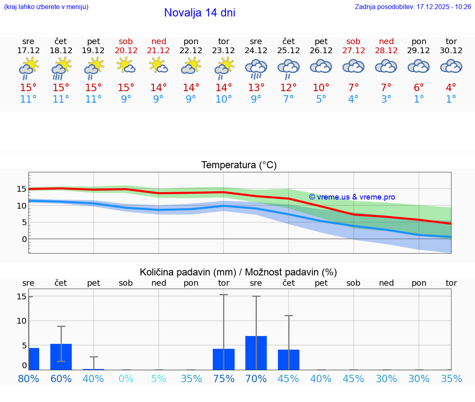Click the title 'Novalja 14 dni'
click(x=200, y=13)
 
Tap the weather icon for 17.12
click(x=28, y=68)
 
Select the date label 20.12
click(x=126, y=51)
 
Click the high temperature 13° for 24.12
click(x=256, y=88)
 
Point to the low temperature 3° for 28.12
click(x=386, y=99)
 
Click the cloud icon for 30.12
click(x=451, y=66)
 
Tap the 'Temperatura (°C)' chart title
click(x=239, y=165)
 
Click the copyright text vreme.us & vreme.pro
click(x=352, y=197)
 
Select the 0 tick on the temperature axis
click(x=24, y=239)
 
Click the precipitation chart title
click(x=238, y=272)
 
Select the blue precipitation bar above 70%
click(x=256, y=353)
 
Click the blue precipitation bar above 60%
click(x=61, y=357)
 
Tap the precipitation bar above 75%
click(x=223, y=359)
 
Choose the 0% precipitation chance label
click(x=126, y=379)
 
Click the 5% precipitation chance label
click(x=159, y=379)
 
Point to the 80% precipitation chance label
click(x=28, y=379)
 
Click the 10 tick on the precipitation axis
click(x=21, y=321)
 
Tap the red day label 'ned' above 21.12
click(x=159, y=41)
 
